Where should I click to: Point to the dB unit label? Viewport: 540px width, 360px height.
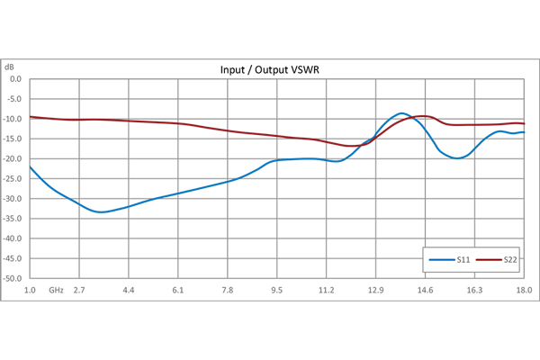(10, 67)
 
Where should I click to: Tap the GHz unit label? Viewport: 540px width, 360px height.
(56, 290)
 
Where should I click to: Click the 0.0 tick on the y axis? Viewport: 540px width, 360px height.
(15, 78)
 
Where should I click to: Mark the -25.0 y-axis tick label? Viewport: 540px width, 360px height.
(13, 178)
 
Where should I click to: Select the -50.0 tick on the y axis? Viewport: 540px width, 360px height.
(13, 279)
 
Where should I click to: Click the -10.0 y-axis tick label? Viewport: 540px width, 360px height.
(13, 118)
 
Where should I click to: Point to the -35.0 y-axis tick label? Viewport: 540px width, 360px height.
(13, 219)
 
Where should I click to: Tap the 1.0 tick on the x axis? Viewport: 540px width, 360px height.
(30, 290)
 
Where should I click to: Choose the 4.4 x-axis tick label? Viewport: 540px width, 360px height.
(129, 290)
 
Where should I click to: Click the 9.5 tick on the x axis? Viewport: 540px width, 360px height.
(277, 290)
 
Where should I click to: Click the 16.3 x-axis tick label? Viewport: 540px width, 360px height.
(474, 290)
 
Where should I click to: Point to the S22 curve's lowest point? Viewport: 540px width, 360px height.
(353, 146)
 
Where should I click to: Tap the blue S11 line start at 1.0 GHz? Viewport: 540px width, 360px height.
(30, 166)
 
